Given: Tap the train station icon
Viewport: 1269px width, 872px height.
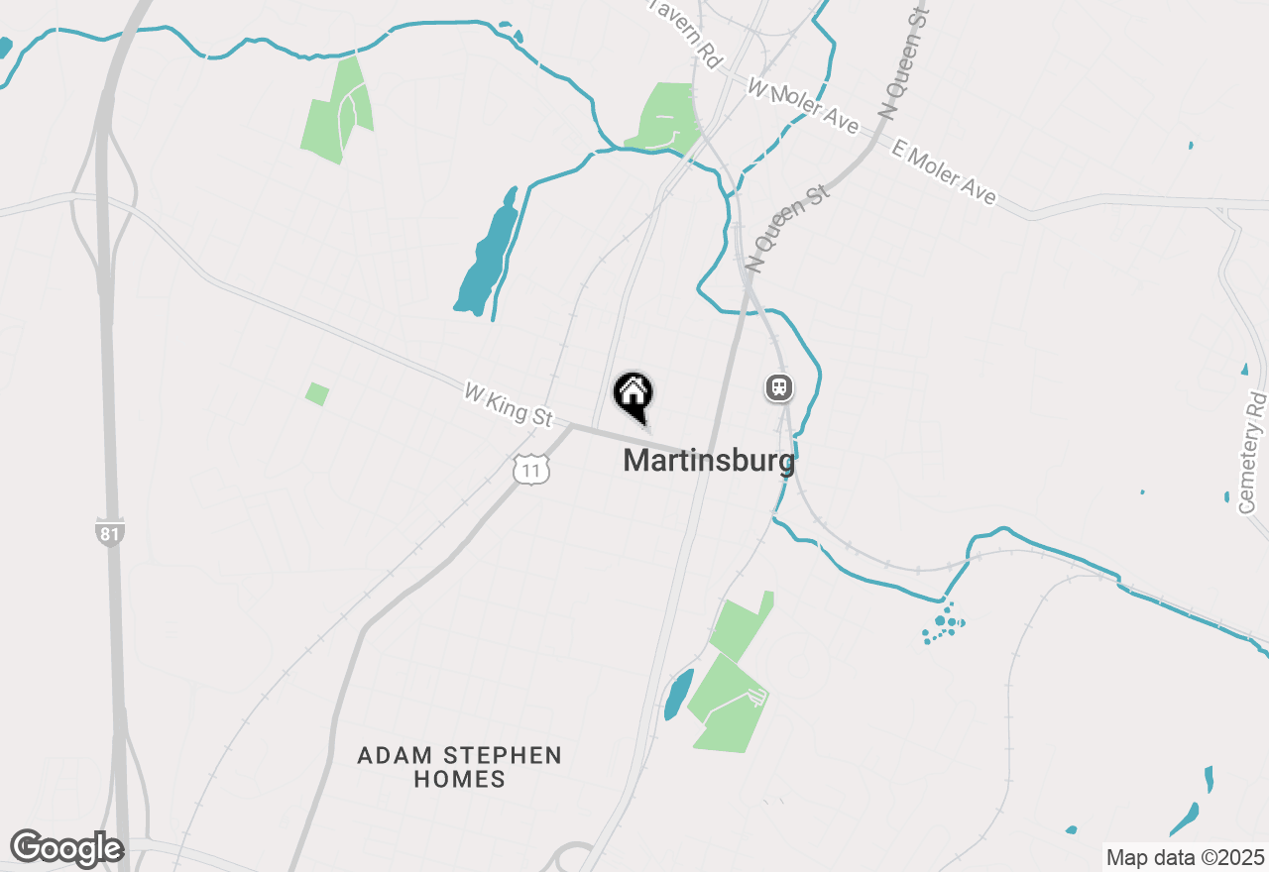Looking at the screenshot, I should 779,387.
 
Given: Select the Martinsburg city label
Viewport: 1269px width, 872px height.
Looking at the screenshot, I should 709,461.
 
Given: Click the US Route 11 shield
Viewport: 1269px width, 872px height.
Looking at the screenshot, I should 531,470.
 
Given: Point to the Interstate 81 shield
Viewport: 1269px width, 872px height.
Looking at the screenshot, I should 110,533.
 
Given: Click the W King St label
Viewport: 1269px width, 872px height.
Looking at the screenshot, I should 508,405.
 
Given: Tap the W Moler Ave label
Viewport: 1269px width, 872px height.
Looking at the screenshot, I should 803,106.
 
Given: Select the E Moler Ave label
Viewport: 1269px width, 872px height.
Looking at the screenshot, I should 943,172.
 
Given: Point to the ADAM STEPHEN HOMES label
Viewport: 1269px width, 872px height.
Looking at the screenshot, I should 460,767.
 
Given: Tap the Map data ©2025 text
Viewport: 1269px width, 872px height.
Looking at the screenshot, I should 1185,857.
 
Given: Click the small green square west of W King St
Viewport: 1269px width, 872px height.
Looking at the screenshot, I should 317,393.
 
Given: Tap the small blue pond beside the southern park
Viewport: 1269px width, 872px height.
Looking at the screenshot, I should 678,695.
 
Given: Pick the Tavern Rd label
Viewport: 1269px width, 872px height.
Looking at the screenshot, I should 685,34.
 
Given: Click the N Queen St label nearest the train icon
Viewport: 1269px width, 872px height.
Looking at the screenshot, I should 787,227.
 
